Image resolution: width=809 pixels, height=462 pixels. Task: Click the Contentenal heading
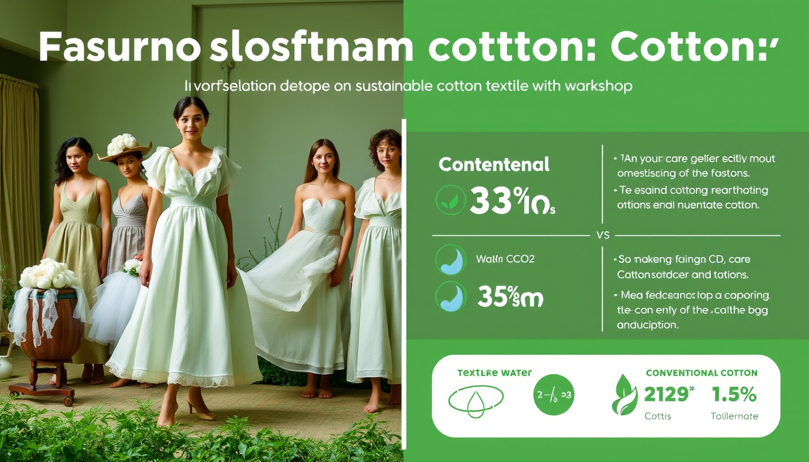[x=494, y=164]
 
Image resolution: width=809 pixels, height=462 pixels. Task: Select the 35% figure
[x=497, y=297]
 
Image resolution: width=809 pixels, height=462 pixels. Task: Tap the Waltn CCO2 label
[x=505, y=259]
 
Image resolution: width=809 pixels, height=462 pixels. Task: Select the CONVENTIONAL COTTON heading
[x=701, y=374]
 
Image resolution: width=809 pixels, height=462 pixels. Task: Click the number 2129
[x=665, y=395]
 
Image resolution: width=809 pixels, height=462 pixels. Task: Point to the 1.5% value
[x=734, y=395]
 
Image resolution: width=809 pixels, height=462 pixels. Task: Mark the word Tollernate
[x=734, y=416]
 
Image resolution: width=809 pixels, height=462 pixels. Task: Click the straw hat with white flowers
[x=125, y=147]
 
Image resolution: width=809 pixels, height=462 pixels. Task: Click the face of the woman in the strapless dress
[x=323, y=158]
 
